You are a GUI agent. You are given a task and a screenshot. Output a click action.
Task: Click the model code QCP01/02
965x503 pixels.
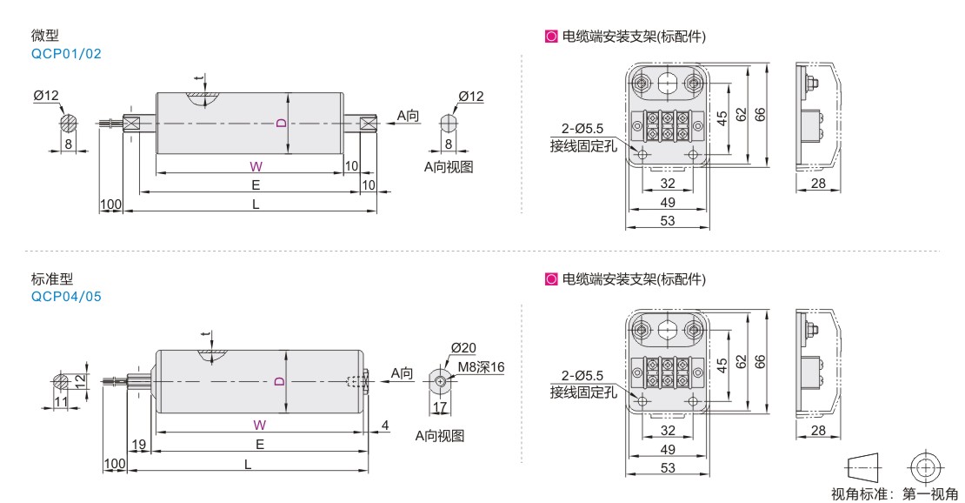pyautogui.click(x=66, y=53)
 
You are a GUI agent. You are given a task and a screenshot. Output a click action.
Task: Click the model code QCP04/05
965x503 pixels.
pyautogui.click(x=66, y=296)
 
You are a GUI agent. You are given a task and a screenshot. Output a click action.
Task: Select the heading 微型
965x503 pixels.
pyautogui.click(x=43, y=37)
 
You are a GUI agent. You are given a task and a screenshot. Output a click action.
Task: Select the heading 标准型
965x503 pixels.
pyautogui.click(x=51, y=279)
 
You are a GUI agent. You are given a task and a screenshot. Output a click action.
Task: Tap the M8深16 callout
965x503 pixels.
pyautogui.click(x=482, y=367)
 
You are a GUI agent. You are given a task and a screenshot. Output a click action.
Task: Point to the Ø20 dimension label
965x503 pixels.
pyautogui.click(x=463, y=348)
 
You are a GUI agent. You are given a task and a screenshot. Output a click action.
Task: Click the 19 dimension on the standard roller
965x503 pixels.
pyautogui.click(x=139, y=445)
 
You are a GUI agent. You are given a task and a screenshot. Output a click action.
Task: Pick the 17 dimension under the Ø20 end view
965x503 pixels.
pyautogui.click(x=440, y=406)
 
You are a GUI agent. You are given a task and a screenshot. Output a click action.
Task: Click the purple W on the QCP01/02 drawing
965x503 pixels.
pyautogui.click(x=256, y=165)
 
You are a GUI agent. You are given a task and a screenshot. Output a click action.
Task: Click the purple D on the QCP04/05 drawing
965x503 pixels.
pyautogui.click(x=279, y=381)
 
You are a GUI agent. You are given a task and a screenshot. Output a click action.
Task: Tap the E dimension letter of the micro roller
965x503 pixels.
pyautogui.click(x=256, y=185)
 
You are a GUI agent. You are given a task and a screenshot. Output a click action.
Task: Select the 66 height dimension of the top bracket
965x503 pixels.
pyautogui.click(x=760, y=114)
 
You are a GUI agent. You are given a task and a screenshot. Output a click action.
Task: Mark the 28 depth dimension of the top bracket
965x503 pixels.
pyautogui.click(x=817, y=184)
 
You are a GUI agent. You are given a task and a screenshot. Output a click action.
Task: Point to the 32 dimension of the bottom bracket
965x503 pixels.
pyautogui.click(x=668, y=430)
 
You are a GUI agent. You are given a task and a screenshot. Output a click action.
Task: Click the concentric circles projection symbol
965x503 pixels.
pyautogui.click(x=925, y=467)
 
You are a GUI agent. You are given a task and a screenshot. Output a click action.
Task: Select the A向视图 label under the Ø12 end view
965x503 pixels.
pyautogui.click(x=449, y=167)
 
